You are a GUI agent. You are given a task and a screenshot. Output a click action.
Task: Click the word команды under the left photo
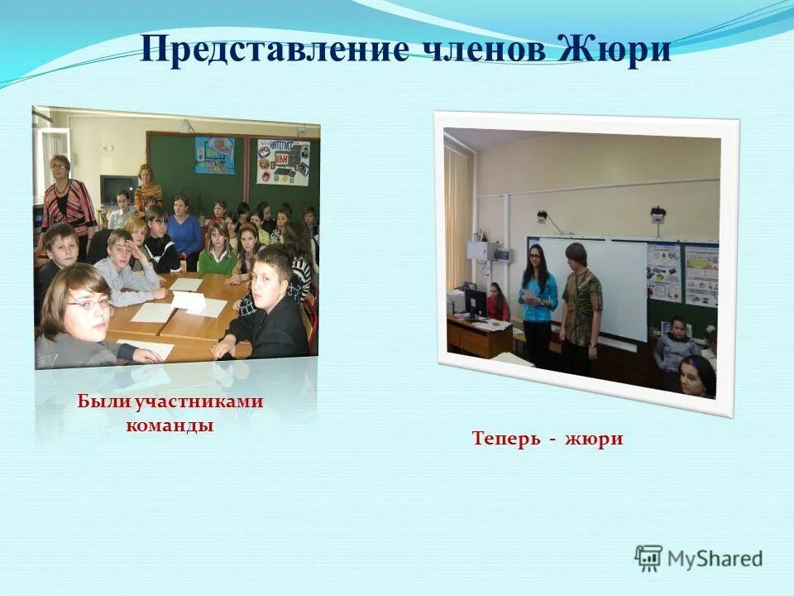coord(170,425)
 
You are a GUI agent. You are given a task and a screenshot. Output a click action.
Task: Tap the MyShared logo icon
coord(648,559)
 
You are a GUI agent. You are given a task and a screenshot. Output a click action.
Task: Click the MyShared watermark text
coord(715,559)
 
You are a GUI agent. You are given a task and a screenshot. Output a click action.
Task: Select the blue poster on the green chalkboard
coord(214,155)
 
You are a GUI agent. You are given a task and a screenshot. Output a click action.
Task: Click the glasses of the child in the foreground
coord(89,305)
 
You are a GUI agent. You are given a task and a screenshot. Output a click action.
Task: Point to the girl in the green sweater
coord(217,252)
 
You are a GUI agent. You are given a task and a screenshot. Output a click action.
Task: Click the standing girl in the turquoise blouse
coord(538,306)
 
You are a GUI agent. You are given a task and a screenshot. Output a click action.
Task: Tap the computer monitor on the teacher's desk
coord(476,303)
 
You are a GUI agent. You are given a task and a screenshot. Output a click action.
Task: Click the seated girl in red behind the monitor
coord(497,303)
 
